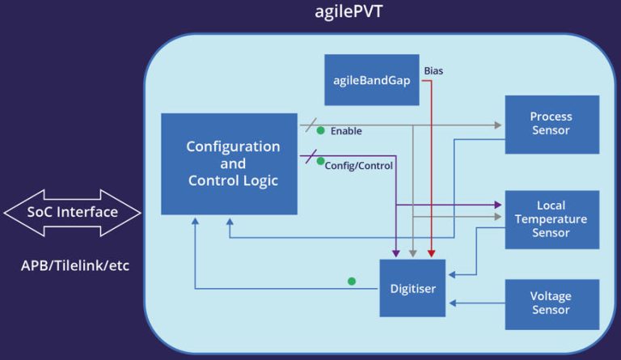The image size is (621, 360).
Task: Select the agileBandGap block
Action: click(372, 80)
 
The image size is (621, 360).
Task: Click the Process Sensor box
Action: click(551, 124)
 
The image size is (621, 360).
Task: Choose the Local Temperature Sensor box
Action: click(551, 219)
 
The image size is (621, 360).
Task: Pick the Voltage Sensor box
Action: click(551, 303)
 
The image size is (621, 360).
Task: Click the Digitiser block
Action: click(412, 288)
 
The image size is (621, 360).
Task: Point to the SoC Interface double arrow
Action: click(73, 212)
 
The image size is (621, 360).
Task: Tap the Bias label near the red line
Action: click(433, 70)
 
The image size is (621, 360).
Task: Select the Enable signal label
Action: click(346, 131)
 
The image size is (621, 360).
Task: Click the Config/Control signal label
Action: click(358, 166)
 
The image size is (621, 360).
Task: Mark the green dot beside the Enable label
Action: click(321, 129)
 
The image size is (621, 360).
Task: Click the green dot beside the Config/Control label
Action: click(320, 161)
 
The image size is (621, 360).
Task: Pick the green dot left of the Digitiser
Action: click(352, 282)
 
